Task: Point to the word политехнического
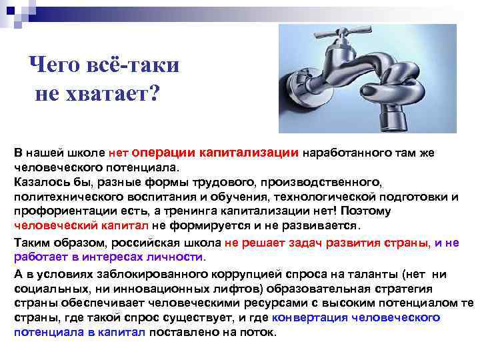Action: click(65, 197)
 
